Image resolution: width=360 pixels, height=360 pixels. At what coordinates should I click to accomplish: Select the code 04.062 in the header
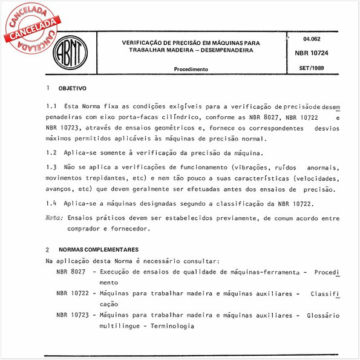(x=312, y=39)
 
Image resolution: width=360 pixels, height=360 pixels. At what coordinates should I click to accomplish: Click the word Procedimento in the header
(x=191, y=70)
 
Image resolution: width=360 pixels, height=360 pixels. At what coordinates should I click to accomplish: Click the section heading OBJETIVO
(x=72, y=88)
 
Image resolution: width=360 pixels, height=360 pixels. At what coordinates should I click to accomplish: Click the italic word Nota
(x=55, y=217)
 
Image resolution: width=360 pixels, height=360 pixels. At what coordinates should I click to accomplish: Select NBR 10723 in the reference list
(x=73, y=315)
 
